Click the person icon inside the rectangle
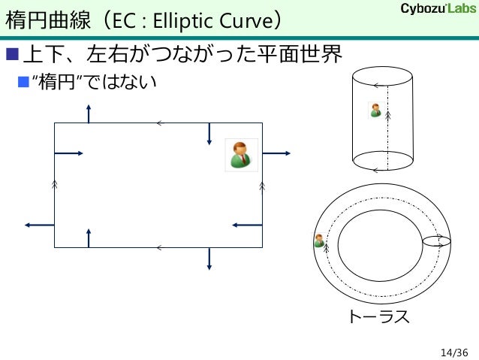pos(242,154)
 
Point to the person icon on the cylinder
pos(375,110)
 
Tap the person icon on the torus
pos(318,241)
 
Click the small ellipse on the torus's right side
pos(437,241)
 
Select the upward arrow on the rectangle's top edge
pos(89,113)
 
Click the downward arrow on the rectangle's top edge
pos(209,132)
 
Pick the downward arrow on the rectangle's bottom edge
pos(209,257)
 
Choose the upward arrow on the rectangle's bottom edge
pos(89,237)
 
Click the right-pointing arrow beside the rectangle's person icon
pos(276,153)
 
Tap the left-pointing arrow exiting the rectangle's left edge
pos(39,224)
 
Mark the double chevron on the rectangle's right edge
pos(262,184)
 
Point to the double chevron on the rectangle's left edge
pos(55,183)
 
